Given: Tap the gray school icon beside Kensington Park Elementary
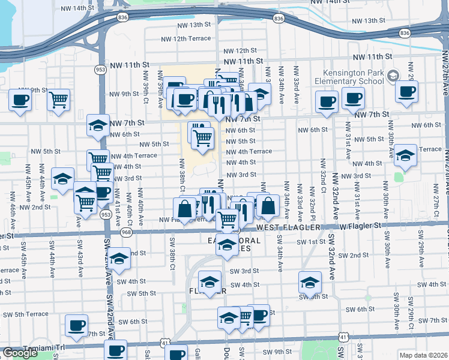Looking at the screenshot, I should (x=393, y=76).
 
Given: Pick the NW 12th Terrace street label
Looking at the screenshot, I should (x=185, y=38).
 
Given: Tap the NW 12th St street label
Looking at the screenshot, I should (x=238, y=51).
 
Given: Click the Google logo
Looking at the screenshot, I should (x=20, y=353).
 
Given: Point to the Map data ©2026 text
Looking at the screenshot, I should (x=424, y=355).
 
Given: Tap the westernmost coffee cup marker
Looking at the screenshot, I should (x=20, y=100).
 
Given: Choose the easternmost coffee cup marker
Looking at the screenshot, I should (x=407, y=92).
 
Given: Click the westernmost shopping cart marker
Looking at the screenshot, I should (x=58, y=100).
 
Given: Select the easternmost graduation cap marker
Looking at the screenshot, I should (x=405, y=156).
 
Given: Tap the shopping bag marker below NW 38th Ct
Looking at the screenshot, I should (x=185, y=209).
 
